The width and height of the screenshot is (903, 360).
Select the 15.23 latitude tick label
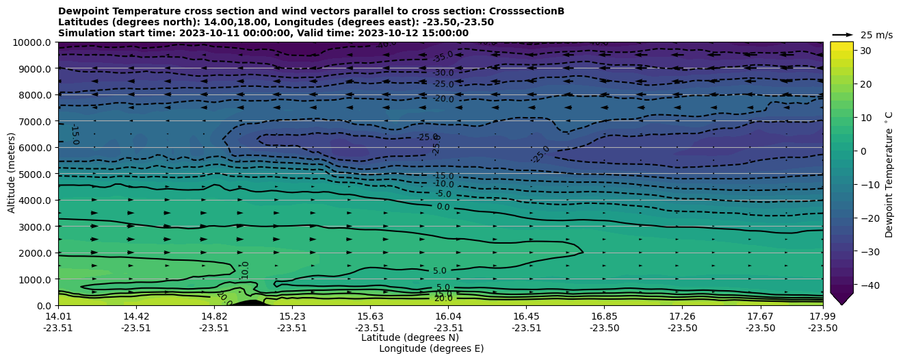pyautogui.click(x=292, y=316)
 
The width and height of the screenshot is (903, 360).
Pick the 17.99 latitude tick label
pyautogui.click(x=822, y=316)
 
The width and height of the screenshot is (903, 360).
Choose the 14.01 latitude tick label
pyautogui.click(x=58, y=316)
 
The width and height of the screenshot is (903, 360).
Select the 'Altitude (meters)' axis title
pyautogui.click(x=12, y=174)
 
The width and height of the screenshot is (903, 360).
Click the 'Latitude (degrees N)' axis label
pyautogui.click(x=410, y=337)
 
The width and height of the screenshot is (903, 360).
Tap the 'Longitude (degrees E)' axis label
pyautogui.click(x=431, y=348)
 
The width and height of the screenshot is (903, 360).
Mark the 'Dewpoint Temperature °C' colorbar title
pyautogui.click(x=889, y=174)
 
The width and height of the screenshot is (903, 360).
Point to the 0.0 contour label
pyautogui.click(x=443, y=207)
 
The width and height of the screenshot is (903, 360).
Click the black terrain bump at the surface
pyautogui.click(x=252, y=302)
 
